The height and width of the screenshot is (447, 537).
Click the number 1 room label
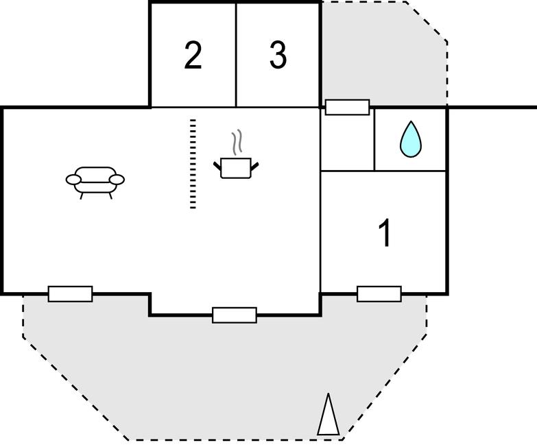(385, 233)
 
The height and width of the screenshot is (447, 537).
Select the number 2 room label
(193, 56)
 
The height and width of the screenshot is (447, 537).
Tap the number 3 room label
(278, 56)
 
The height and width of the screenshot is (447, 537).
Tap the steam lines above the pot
(238, 143)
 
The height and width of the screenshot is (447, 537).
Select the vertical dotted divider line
(193, 164)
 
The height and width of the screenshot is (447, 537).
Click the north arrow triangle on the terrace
(328, 415)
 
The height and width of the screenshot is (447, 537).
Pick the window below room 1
(379, 294)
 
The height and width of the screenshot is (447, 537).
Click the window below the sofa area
(70, 294)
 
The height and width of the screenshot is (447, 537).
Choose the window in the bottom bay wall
(235, 315)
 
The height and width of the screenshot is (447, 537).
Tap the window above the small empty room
(347, 108)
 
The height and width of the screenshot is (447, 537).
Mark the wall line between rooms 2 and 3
(236, 55)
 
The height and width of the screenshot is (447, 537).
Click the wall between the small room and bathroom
(374, 139)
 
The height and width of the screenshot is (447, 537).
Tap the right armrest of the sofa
(118, 180)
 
